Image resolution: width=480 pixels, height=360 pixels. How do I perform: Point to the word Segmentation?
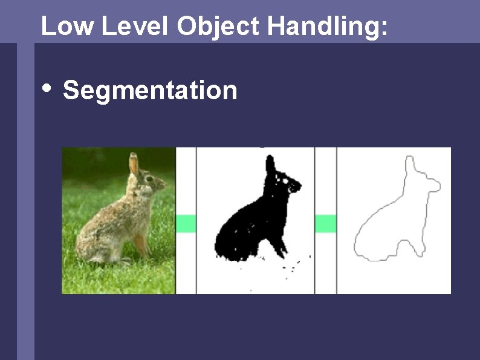150,91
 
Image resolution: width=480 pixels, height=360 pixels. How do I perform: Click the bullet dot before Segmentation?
47,88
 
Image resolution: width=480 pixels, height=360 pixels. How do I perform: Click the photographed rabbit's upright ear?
134,164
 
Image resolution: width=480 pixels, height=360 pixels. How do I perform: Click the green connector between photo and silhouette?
186,223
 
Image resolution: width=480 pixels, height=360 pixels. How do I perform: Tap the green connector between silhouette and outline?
325,223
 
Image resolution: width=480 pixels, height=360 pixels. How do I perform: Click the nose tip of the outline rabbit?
439,185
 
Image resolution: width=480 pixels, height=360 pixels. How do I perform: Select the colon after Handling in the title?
384,29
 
